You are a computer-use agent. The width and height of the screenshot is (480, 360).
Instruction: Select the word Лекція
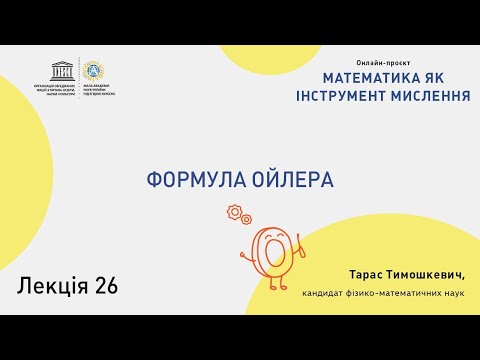53,286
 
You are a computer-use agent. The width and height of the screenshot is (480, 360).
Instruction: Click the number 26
106,286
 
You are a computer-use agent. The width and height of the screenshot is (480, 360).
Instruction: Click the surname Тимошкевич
423,273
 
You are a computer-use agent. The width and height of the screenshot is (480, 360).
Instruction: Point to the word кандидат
324,293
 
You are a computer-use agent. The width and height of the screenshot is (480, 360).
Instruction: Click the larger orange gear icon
235,211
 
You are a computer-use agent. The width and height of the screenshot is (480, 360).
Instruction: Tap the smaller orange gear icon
246,219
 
